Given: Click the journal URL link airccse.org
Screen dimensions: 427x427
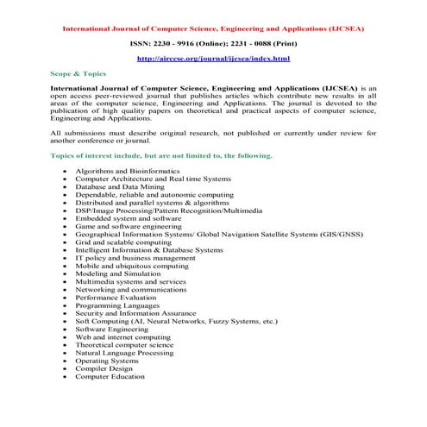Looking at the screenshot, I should (x=214, y=59).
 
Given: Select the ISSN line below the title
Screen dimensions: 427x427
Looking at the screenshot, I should (x=214, y=41).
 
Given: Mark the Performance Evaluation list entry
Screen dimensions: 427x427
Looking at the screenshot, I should (x=116, y=298).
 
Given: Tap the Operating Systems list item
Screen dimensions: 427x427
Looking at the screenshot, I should (x=108, y=361).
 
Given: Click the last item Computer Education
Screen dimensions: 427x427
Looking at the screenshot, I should (x=110, y=376).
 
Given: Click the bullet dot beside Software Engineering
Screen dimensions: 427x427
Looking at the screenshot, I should (x=66, y=330).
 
